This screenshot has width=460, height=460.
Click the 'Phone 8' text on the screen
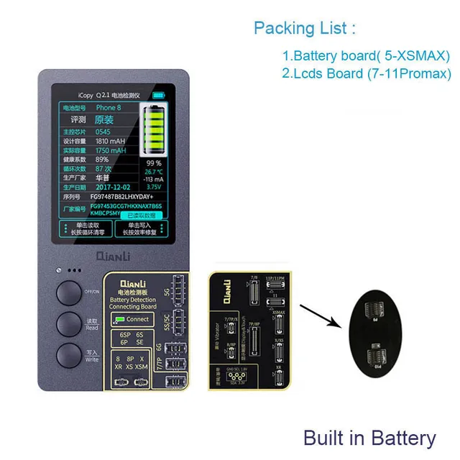(x=108, y=107)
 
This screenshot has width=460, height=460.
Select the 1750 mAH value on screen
(x=111, y=151)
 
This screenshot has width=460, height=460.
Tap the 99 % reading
(x=155, y=163)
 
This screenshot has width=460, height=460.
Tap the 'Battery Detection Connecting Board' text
(x=134, y=302)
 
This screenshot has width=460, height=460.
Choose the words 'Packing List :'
(x=305, y=29)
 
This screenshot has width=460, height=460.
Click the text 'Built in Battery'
(x=369, y=438)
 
